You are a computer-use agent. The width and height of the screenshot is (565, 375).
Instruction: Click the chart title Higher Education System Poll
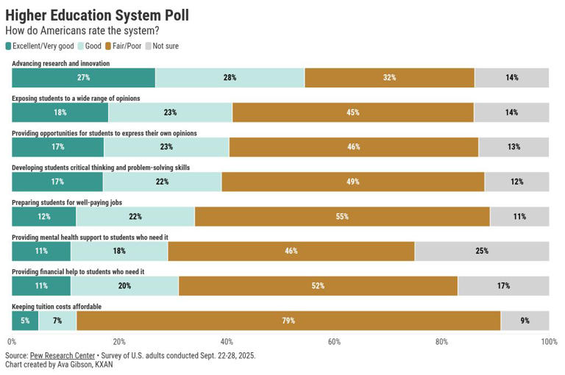[x=97, y=15]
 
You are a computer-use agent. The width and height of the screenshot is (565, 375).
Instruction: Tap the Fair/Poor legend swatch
[x=107, y=46]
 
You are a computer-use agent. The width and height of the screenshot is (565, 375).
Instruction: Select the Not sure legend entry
[x=162, y=46]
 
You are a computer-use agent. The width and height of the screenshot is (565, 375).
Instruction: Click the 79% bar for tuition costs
[x=288, y=321]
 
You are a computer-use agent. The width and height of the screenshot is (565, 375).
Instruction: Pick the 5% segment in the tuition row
[x=25, y=321]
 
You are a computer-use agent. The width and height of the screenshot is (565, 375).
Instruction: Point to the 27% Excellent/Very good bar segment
[x=84, y=77]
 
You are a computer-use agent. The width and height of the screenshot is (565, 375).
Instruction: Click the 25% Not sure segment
[x=482, y=251]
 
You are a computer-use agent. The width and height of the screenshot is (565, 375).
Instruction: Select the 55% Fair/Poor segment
[x=342, y=216]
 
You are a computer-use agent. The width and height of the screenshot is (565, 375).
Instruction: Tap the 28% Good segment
[x=230, y=77]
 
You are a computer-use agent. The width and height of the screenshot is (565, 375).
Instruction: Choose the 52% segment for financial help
[x=318, y=286]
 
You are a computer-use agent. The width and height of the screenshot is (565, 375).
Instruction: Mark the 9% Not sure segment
[x=525, y=321]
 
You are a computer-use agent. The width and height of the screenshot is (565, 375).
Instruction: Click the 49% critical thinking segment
[x=353, y=182]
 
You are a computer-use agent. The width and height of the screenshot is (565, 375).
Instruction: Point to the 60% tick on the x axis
[x=334, y=341]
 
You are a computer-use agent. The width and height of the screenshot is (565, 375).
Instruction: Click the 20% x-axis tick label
[x=119, y=341]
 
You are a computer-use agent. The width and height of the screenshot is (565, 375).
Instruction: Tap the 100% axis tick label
[x=549, y=341]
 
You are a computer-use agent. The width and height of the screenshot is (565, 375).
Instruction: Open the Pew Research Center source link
[x=63, y=356]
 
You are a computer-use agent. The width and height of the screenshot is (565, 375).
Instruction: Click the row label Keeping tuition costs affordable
[x=57, y=307]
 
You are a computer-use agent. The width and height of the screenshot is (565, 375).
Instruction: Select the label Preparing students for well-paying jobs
[x=67, y=202]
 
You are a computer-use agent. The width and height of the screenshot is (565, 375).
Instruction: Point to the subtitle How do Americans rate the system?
[x=82, y=31]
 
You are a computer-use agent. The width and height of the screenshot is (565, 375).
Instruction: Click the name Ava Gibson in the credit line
[x=74, y=365]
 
